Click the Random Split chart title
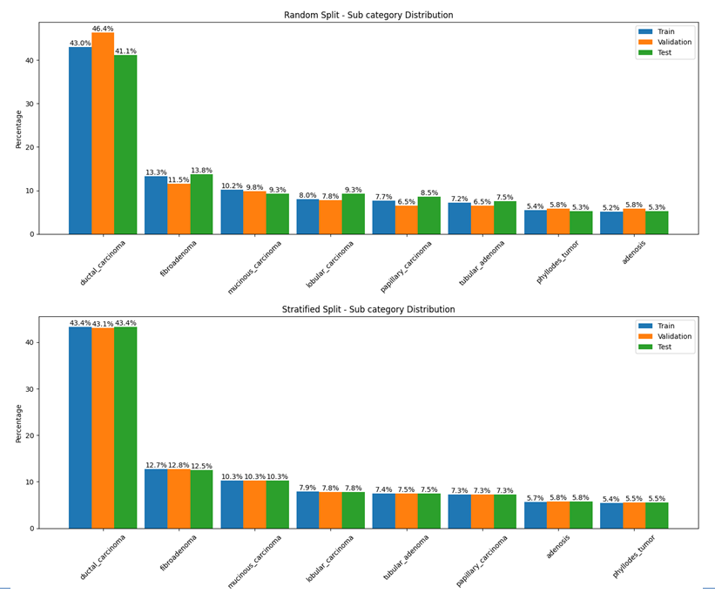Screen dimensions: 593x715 tap(368, 15)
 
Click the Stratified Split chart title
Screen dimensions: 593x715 tap(368, 309)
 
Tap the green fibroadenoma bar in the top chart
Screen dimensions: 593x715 tap(201, 204)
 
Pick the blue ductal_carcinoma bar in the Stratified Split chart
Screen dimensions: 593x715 tap(80, 427)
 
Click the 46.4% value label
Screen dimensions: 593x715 tap(103, 29)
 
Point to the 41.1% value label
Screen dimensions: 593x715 tap(125, 51)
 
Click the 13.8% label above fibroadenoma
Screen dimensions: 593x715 tap(201, 171)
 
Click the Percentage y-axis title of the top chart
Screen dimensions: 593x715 tap(18, 128)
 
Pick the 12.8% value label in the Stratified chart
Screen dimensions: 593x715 tap(179, 465)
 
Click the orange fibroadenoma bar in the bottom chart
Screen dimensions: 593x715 tap(179, 499)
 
